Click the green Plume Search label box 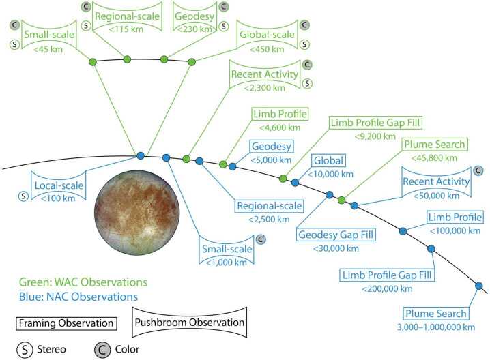click(x=434, y=145)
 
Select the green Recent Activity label click(x=265, y=74)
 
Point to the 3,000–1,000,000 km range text click(x=435, y=327)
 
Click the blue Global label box click(x=329, y=161)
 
